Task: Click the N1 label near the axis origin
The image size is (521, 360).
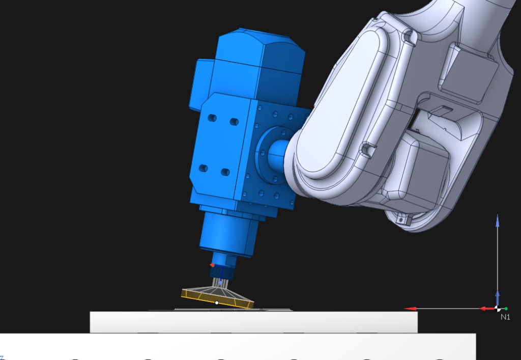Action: (x=505, y=317)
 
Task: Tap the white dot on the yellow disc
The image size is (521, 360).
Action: (x=217, y=302)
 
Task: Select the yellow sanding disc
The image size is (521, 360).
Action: (x=218, y=297)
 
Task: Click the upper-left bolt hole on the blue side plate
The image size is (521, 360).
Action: (x=212, y=118)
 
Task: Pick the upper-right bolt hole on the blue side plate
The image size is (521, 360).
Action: (x=234, y=122)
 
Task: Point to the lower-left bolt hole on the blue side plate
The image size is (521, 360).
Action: (x=204, y=168)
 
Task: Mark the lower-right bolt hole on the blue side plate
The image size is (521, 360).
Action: (x=225, y=172)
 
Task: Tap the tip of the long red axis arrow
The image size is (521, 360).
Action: (x=404, y=309)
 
